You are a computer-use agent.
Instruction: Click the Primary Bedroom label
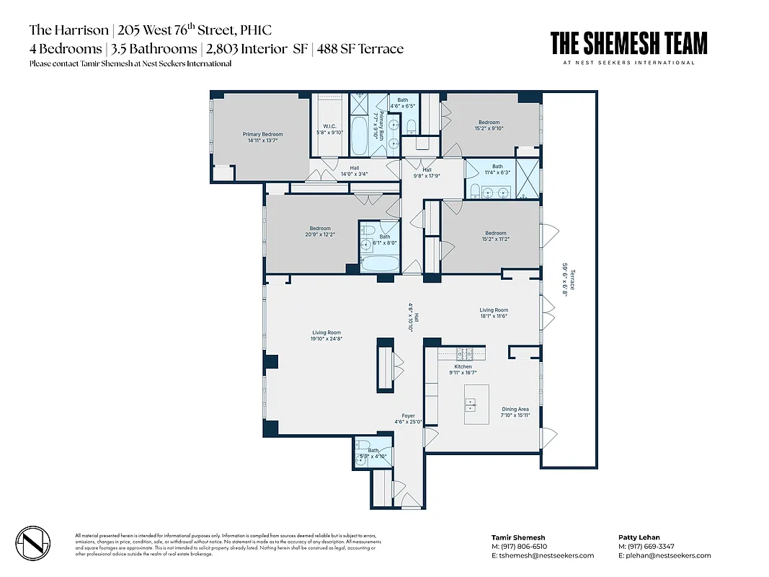262,137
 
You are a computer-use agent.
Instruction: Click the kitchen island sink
476,405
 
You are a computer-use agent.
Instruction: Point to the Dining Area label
515,412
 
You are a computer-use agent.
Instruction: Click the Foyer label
408,419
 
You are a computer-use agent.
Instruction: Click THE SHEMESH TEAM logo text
628,44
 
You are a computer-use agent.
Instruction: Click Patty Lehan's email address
664,555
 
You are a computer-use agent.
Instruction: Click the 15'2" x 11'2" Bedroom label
495,236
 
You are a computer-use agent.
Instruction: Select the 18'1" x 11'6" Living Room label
494,313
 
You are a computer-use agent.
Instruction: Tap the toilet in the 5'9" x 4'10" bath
364,445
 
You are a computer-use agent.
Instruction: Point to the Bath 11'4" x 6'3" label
497,169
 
